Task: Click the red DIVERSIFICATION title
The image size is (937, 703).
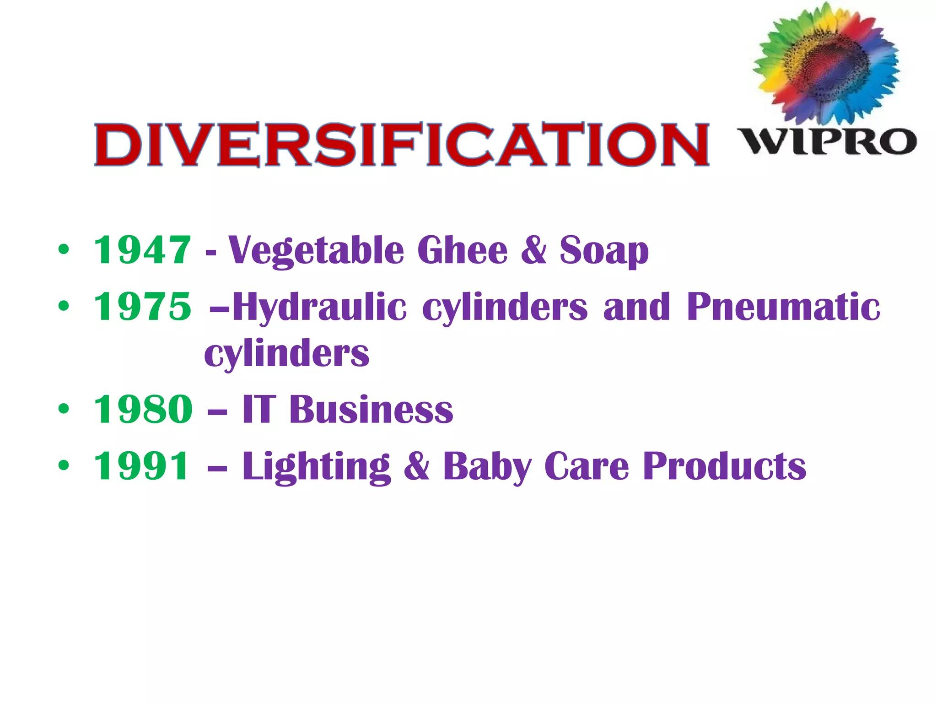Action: pos(401,144)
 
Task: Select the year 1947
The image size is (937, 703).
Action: pos(142,250)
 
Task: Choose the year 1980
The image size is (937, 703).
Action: pos(143,409)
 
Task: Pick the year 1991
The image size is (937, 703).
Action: pos(141,466)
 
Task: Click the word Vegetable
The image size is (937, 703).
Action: pos(316,251)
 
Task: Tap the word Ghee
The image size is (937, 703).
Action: pos(462,250)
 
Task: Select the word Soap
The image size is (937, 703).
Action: pos(604,251)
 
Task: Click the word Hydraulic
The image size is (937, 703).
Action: pos(319,307)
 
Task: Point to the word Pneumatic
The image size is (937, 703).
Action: pos(783,307)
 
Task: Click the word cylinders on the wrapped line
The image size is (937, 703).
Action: pos(286,354)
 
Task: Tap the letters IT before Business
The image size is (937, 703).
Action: pos(259,409)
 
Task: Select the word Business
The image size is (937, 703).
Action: pos(371,409)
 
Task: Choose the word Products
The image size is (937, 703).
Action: pos(724,466)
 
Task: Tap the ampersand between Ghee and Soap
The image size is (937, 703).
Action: pos(533,250)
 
